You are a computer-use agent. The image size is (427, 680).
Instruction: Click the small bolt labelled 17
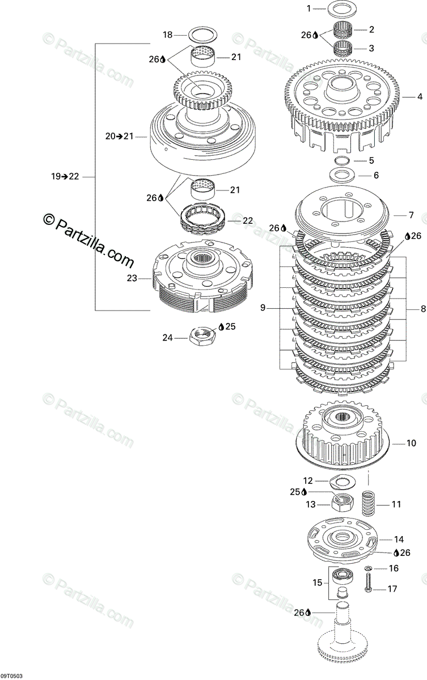click(x=369, y=582)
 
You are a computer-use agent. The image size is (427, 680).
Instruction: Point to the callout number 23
click(x=132, y=278)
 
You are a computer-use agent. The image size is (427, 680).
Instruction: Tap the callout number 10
click(x=411, y=443)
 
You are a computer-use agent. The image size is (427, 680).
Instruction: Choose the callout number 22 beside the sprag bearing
click(x=248, y=220)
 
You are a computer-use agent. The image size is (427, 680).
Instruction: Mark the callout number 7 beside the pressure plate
click(x=411, y=215)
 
